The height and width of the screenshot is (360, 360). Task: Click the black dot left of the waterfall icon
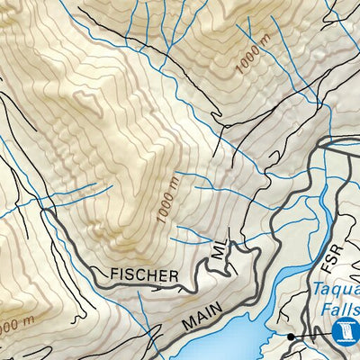point(291,337)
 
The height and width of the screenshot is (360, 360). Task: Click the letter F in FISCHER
point(114,274)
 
